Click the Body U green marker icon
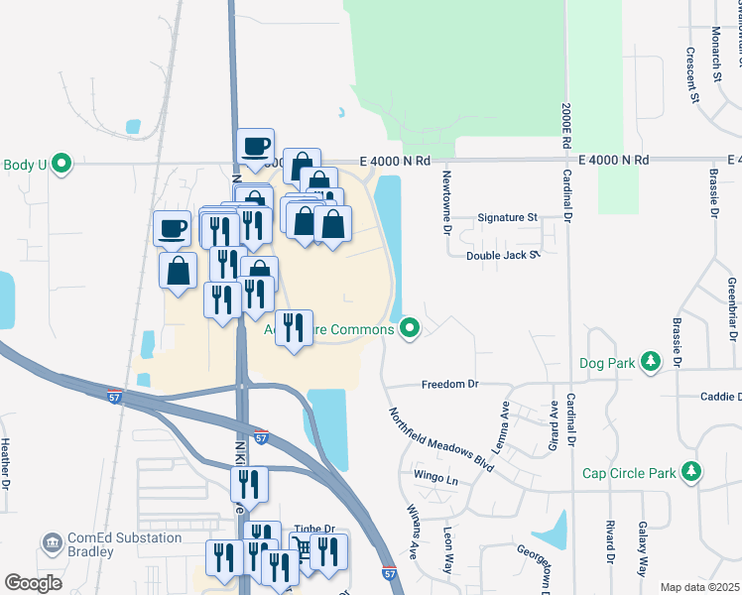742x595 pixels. [x=62, y=165]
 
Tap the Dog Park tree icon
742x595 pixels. [x=651, y=363]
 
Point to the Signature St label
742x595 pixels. [x=507, y=217]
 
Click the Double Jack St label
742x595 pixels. [x=502, y=255]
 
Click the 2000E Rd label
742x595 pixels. [x=564, y=123]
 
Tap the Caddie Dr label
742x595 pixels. [x=720, y=396]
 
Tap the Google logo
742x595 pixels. [x=34, y=582]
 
